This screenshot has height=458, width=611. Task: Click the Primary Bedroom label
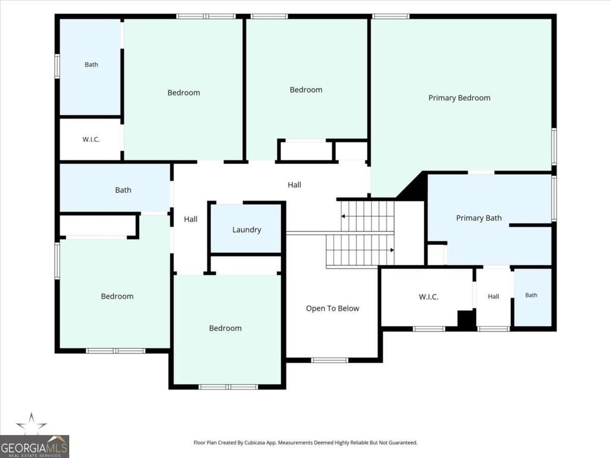tap(459, 98)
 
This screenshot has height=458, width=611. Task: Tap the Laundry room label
tap(246, 230)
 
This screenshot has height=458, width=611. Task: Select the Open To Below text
tap(332, 308)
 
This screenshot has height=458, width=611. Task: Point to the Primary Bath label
tap(479, 218)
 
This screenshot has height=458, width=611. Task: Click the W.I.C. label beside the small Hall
tap(428, 297)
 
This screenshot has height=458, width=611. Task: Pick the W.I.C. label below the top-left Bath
tap(91, 140)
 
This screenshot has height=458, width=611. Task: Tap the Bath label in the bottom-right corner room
tap(531, 295)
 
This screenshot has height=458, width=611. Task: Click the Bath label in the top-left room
tap(91, 64)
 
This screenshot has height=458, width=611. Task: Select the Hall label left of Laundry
tap(190, 219)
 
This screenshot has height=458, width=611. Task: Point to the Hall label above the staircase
tap(294, 185)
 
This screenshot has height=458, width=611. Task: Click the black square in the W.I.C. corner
tap(465, 320)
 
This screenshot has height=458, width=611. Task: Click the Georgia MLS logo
tap(35, 447)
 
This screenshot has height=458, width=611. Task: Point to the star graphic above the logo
tap(31, 424)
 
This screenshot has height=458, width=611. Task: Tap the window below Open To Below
tap(329, 360)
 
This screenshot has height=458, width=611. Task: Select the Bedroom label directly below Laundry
tap(225, 329)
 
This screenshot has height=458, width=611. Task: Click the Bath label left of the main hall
tap(123, 190)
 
